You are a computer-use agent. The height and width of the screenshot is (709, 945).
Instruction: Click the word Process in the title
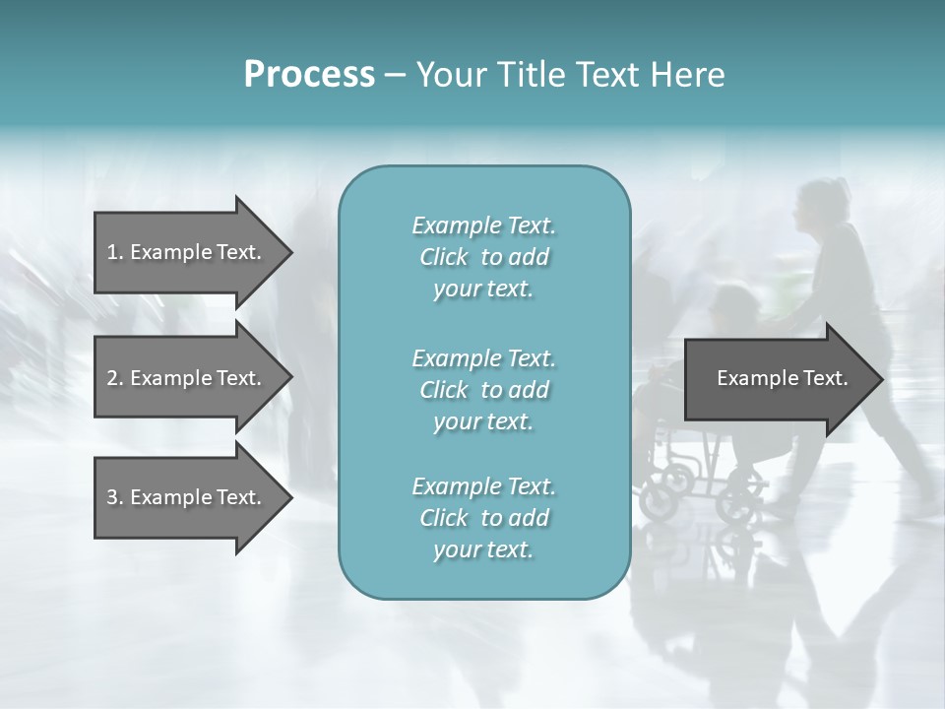(x=309, y=75)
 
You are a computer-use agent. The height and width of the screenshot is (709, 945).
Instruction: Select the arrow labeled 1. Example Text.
(x=185, y=252)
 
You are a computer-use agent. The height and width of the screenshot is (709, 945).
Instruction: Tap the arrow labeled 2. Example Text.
(x=185, y=378)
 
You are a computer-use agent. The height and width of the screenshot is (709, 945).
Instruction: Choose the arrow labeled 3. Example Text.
(x=185, y=497)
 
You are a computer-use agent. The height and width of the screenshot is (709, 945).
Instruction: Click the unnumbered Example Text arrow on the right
(x=782, y=378)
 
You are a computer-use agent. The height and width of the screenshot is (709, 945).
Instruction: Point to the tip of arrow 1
(x=290, y=252)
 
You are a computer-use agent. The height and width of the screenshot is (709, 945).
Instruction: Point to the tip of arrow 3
(x=290, y=497)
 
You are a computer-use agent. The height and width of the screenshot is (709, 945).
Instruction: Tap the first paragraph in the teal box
(x=483, y=257)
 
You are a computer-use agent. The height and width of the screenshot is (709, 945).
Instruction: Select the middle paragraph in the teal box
(x=483, y=389)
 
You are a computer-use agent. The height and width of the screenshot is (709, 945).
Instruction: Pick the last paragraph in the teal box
(x=483, y=517)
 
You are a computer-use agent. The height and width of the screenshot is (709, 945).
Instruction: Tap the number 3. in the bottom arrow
(x=115, y=497)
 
